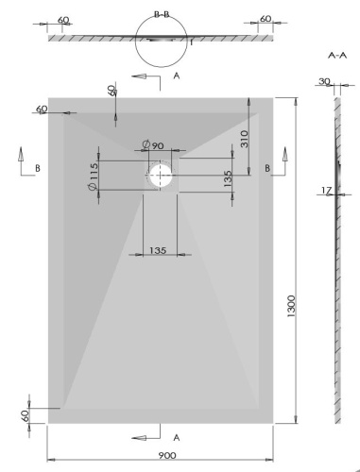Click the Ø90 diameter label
click(152, 144)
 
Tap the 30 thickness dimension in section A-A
click(324, 82)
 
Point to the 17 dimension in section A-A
click(324, 191)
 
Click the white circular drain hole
click(161, 175)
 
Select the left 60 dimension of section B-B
click(64, 18)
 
